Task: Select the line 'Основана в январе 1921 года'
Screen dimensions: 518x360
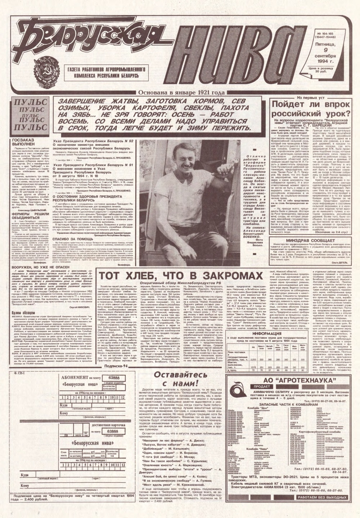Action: coord(180,93)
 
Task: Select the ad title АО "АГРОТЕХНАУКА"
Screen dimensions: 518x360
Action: coord(292,380)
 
